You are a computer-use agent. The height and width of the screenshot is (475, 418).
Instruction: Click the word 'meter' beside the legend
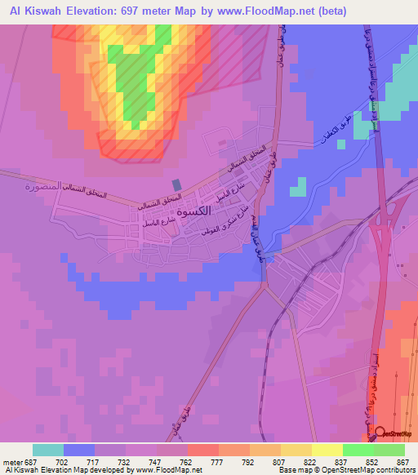coord(11,461)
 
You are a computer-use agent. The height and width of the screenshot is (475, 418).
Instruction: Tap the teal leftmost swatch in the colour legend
coord(48,450)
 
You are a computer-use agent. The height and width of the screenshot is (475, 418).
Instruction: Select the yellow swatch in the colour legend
coord(327,450)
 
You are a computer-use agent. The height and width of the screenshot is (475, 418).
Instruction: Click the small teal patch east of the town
coord(299,189)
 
